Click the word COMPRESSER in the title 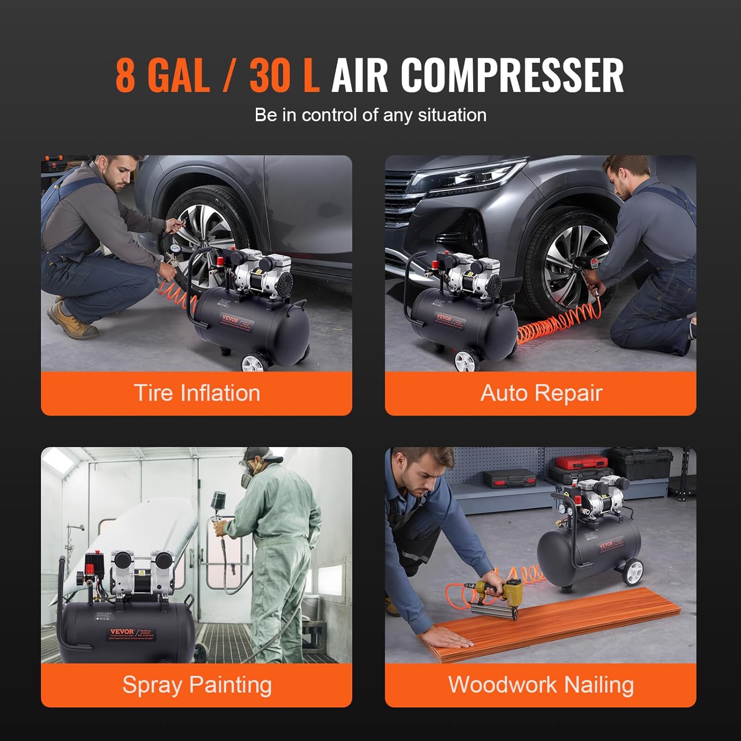coord(512,75)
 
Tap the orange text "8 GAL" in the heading coord(162,75)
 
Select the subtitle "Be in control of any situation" coord(370,115)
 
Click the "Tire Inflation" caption coord(197,393)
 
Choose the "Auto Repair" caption coord(541,393)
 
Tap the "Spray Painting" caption coord(197,685)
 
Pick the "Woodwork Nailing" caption coord(541,685)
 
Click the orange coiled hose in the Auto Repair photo coord(558,324)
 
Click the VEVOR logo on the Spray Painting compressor coord(122,632)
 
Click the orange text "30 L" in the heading coord(284,75)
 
